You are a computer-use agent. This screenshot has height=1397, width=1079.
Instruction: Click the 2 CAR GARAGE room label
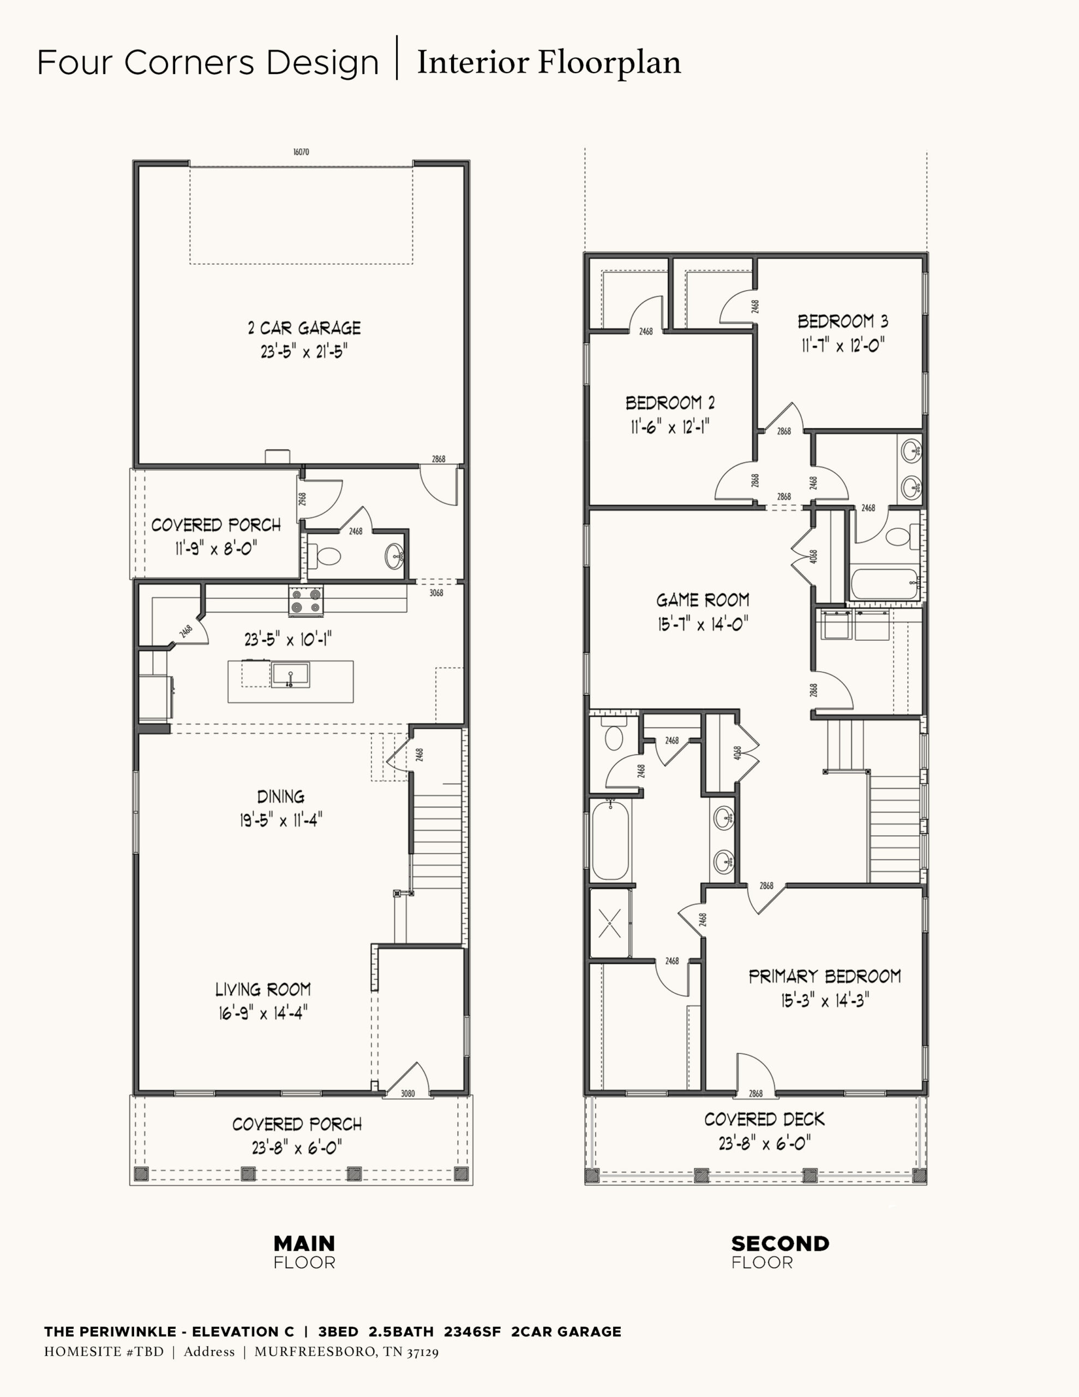(x=304, y=328)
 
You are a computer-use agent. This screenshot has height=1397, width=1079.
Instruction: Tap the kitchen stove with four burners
(x=305, y=601)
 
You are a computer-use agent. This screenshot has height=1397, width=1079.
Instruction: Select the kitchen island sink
(x=290, y=675)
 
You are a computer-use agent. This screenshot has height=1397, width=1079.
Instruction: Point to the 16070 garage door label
(x=301, y=152)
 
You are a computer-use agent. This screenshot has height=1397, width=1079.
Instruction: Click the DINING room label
(x=281, y=796)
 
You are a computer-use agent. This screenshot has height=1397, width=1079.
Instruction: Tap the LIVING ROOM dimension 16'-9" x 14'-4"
(x=263, y=1013)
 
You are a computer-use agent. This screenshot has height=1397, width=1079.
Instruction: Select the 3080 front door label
(x=407, y=1093)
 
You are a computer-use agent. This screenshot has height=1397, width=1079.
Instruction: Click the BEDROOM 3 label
(x=843, y=321)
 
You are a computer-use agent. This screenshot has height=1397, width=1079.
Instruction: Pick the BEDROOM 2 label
(x=670, y=403)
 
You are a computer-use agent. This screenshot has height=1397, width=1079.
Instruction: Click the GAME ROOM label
(x=703, y=600)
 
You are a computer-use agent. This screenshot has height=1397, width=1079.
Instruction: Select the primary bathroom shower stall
(x=609, y=923)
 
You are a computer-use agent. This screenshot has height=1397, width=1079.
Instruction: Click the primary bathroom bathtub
(x=610, y=840)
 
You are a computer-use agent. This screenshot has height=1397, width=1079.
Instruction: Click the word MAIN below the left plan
(x=304, y=1244)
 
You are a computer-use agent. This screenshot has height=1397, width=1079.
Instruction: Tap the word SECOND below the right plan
(x=780, y=1244)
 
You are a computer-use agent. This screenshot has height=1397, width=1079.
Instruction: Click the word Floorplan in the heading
(x=609, y=63)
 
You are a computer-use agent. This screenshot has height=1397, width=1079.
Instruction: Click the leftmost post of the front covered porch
(x=141, y=1174)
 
